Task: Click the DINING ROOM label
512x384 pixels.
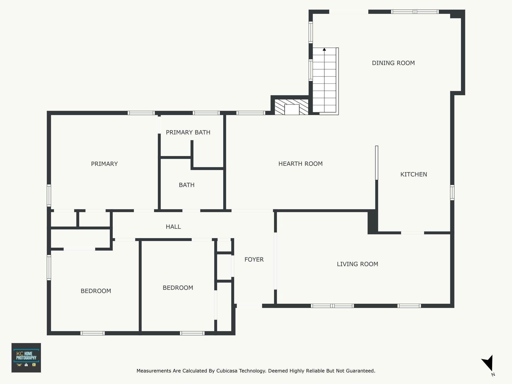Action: pyautogui.click(x=393, y=63)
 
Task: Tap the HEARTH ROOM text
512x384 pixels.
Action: pyautogui.click(x=300, y=164)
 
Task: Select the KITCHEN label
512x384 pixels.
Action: pyautogui.click(x=414, y=174)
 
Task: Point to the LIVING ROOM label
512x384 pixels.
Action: pyautogui.click(x=357, y=264)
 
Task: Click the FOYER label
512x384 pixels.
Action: pyautogui.click(x=254, y=259)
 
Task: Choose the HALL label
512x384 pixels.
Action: pyautogui.click(x=173, y=227)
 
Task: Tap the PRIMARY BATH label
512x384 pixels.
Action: pyautogui.click(x=188, y=132)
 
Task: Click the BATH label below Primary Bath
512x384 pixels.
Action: pyautogui.click(x=186, y=185)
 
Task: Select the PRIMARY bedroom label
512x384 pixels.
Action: pyautogui.click(x=104, y=164)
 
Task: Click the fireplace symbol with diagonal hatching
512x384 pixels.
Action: pyautogui.click(x=291, y=107)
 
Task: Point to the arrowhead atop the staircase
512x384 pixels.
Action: pyautogui.click(x=324, y=49)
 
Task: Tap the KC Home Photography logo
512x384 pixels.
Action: pyautogui.click(x=26, y=358)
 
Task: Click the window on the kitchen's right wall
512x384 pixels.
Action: pyautogui.click(x=452, y=192)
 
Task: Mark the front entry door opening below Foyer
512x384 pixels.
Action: pyautogui.click(x=249, y=305)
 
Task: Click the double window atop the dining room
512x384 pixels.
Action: pyautogui.click(x=415, y=12)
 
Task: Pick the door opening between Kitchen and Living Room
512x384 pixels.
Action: pyautogui.click(x=412, y=233)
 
